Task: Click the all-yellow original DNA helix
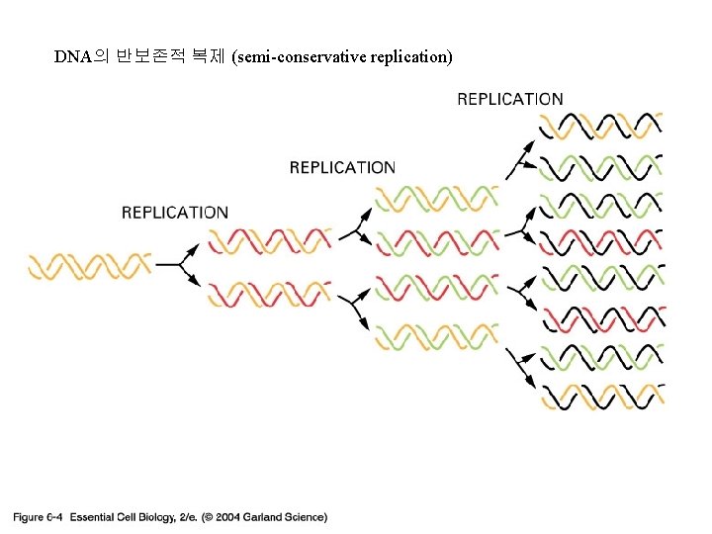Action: point(89,266)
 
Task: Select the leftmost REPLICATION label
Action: point(174,213)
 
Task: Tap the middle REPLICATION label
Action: point(342,168)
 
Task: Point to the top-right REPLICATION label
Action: point(510,99)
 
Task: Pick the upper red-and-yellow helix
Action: point(269,240)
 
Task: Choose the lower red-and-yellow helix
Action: point(269,293)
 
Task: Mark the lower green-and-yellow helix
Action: point(435,336)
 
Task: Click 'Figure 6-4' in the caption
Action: point(38,516)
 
